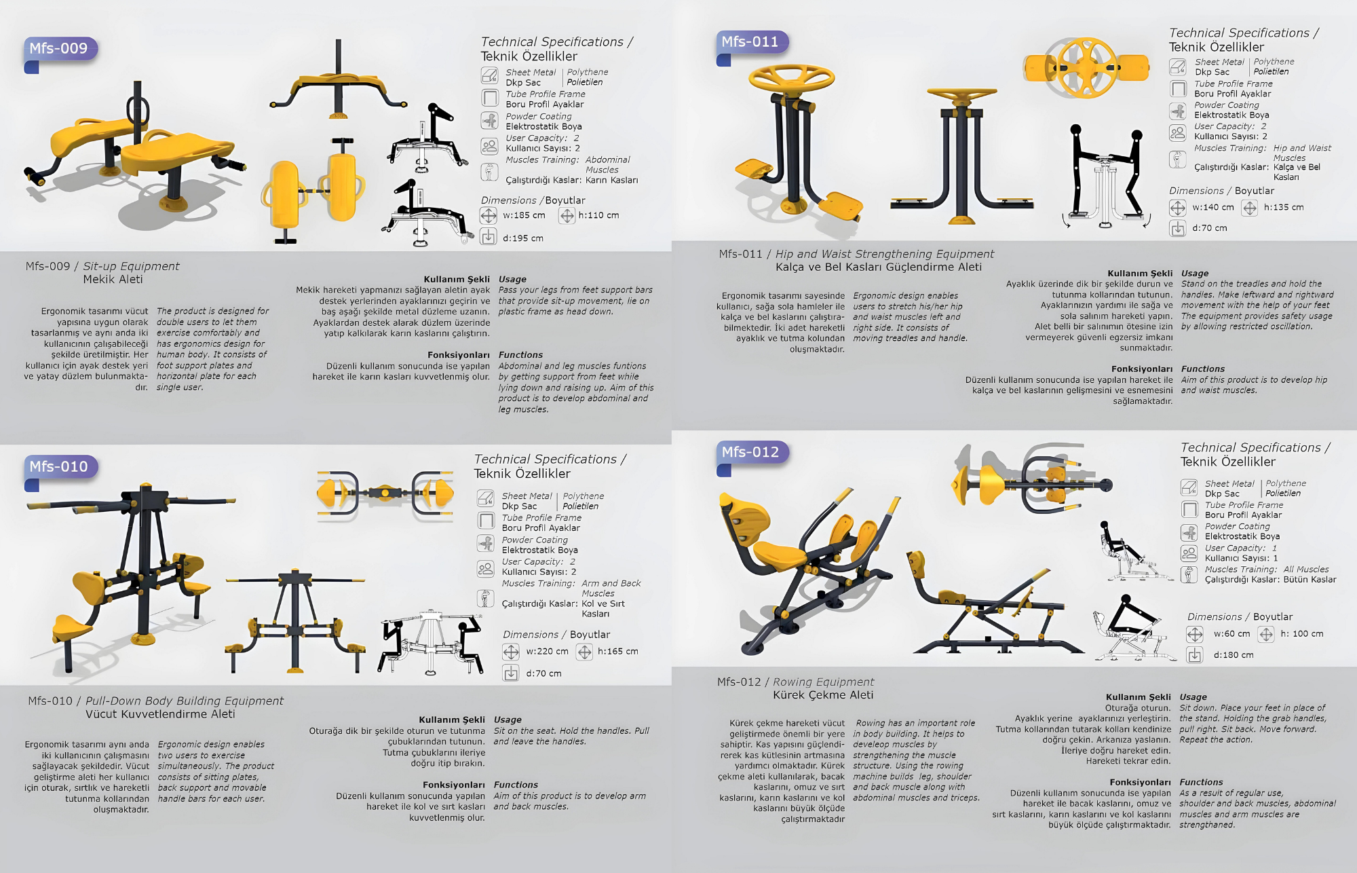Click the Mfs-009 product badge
pyautogui.click(x=60, y=49)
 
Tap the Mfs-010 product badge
pyautogui.click(x=60, y=467)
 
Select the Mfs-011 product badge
pyautogui.click(x=750, y=42)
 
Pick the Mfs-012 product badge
pyautogui.click(x=750, y=452)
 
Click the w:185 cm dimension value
pyautogui.click(x=524, y=215)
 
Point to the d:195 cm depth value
pyautogui.click(x=523, y=238)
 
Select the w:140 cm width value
pyautogui.click(x=1213, y=207)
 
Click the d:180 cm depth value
pyautogui.click(x=1234, y=655)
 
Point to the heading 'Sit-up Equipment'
pyautogui.click(x=131, y=266)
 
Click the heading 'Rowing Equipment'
pyautogui.click(x=824, y=682)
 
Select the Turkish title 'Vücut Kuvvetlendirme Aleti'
pyautogui.click(x=160, y=714)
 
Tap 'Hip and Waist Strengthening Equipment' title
pyautogui.click(x=885, y=254)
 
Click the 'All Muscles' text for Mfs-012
pyautogui.click(x=1306, y=570)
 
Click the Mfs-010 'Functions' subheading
pyautogui.click(x=516, y=785)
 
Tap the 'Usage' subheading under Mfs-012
pyautogui.click(x=1193, y=697)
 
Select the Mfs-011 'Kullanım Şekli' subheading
pyautogui.click(x=1140, y=274)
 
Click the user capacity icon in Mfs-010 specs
pyautogui.click(x=486, y=568)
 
